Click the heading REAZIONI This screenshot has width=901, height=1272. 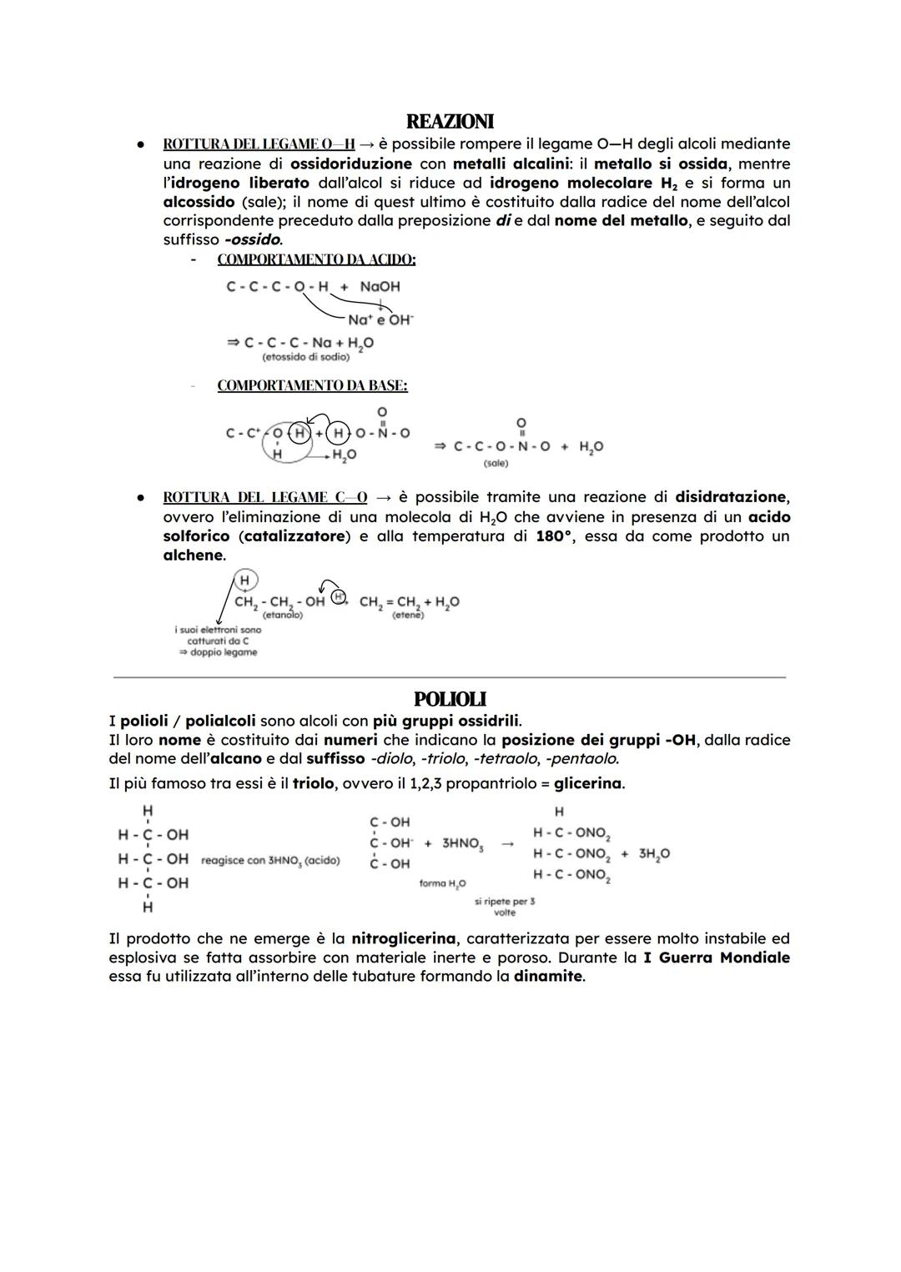tap(450, 122)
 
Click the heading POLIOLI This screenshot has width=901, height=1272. tap(450, 699)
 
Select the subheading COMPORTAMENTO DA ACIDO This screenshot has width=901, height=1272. tap(316, 259)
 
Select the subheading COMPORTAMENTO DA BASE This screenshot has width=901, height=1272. tap(312, 386)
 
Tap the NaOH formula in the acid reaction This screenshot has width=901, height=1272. tap(380, 286)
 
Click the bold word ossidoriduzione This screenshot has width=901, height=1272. tap(350, 163)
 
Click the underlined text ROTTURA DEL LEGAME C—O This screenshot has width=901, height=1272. tap(264, 497)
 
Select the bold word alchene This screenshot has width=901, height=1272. tap(193, 555)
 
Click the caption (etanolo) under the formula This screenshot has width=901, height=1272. tap(282, 615)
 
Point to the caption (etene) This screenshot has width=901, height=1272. tap(408, 615)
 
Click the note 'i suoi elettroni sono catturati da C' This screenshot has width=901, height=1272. tap(218, 636)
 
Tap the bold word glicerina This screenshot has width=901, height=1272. tap(588, 783)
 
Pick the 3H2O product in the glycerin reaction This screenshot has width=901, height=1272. tap(654, 853)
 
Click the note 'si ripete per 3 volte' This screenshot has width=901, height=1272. tap(505, 907)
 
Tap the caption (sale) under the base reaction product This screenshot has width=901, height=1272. tap(496, 463)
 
